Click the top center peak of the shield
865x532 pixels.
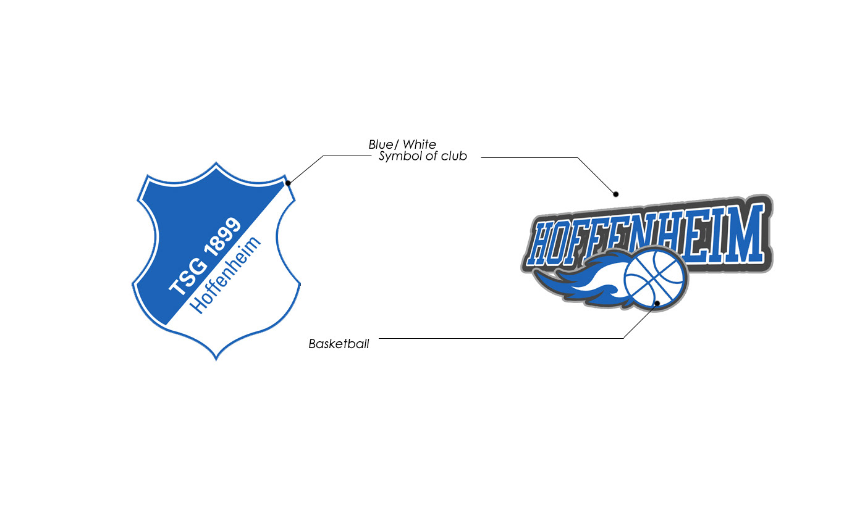point(216,164)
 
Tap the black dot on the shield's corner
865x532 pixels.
point(288,183)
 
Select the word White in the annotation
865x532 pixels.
point(420,144)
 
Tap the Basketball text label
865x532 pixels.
point(339,344)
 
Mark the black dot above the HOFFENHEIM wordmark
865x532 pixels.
point(615,194)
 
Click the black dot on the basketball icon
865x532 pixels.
point(657,303)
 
